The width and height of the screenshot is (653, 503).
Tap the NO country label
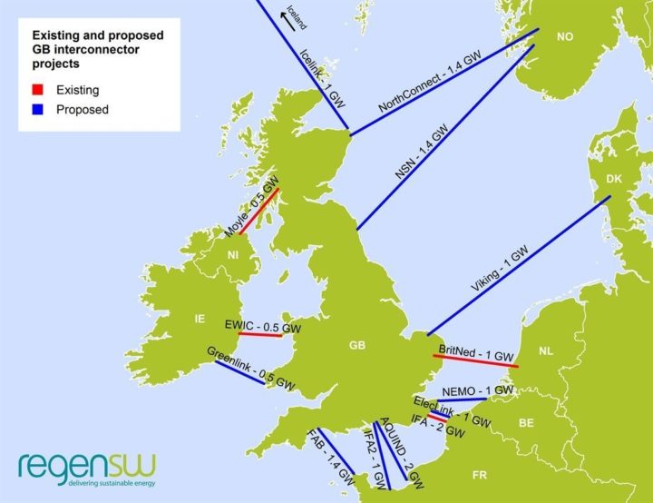[565, 36]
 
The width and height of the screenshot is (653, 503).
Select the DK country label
[613, 180]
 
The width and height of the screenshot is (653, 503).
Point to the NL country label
[545, 350]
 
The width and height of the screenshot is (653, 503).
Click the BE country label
[526, 422]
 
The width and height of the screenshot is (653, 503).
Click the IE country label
[200, 319]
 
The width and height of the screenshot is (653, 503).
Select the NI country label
[233, 256]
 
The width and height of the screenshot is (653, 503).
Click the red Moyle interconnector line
[258, 212]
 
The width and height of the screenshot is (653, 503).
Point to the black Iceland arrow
[288, 28]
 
